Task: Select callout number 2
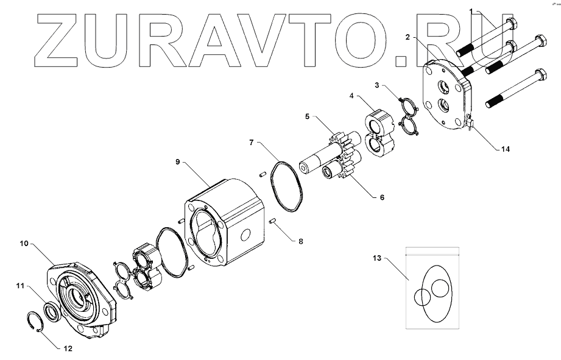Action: point(408,37)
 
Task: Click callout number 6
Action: point(382,197)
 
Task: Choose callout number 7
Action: point(250,143)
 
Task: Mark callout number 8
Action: point(300,241)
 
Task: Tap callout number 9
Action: point(177,162)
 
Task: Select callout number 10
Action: point(24,244)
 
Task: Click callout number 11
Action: point(20,284)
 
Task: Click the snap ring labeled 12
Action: point(34,321)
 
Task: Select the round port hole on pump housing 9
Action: point(246,235)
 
